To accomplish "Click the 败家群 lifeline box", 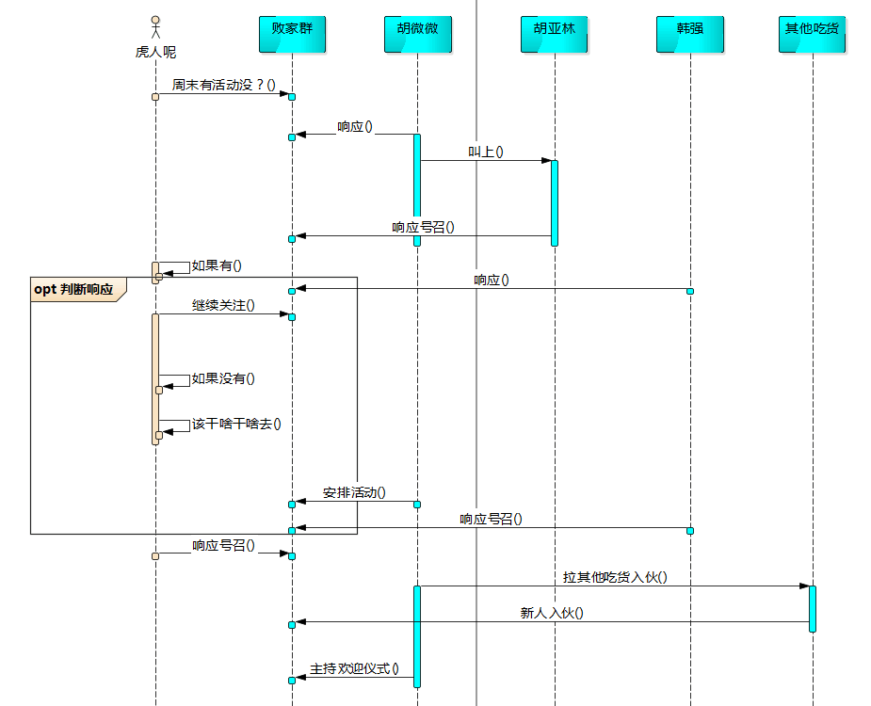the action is (x=292, y=35).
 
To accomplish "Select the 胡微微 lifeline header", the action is (x=418, y=35).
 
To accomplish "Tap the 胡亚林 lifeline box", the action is (x=555, y=35).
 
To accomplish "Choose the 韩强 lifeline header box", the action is (x=690, y=35).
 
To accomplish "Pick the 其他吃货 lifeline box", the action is (x=812, y=35).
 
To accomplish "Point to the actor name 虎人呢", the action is (x=155, y=53).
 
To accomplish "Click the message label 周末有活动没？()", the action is (x=224, y=86).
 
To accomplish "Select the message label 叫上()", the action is (x=486, y=152).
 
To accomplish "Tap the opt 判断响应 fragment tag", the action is (x=73, y=290).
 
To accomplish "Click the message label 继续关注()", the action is (x=223, y=306).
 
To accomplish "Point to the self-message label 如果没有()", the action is (x=223, y=378).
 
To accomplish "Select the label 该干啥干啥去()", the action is (x=236, y=425).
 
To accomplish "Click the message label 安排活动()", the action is (x=354, y=492).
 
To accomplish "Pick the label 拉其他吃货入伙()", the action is (x=615, y=577).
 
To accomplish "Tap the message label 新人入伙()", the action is (x=552, y=613).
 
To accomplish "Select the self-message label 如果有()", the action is (x=217, y=265).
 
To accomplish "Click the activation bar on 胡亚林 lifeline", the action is (x=555, y=202).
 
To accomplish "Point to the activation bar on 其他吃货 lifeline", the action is (x=812, y=608).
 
